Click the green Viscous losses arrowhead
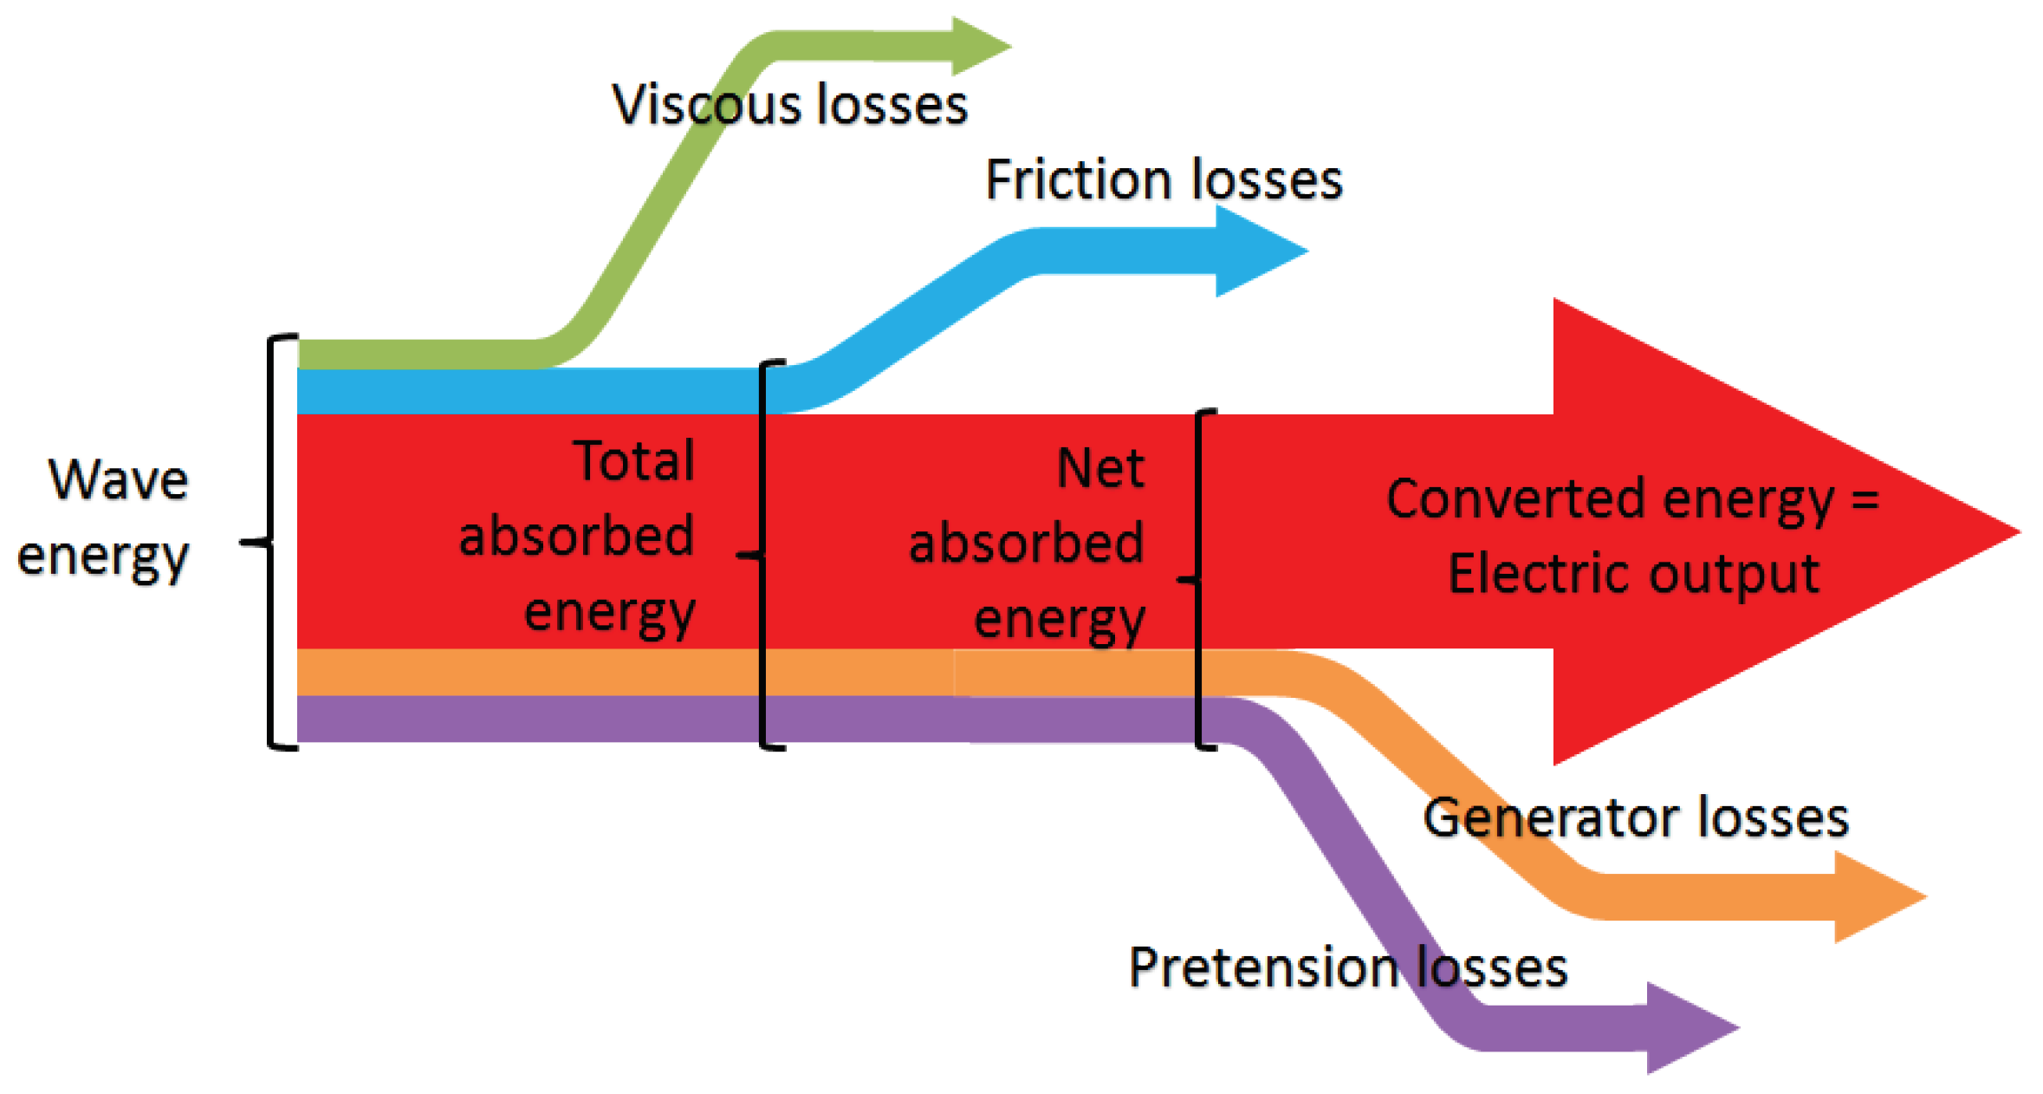pyautogui.click(x=979, y=46)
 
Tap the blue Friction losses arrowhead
pyautogui.click(x=1256, y=251)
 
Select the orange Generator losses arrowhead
pyautogui.click(x=1876, y=897)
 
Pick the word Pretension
pyautogui.click(x=1263, y=967)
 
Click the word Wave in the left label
pyautogui.click(x=119, y=479)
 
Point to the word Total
pyautogui.click(x=634, y=461)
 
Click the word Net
pyautogui.click(x=1100, y=469)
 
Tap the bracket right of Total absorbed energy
pyautogui.click(x=762, y=555)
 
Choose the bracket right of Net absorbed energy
pyautogui.click(x=1198, y=579)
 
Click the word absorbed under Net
pyautogui.click(x=1026, y=544)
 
